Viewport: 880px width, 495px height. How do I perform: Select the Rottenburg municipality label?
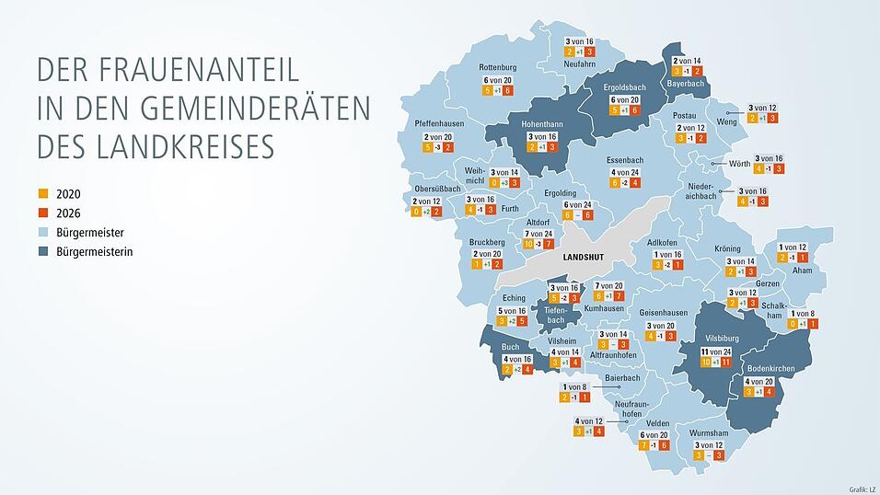[x=498, y=67]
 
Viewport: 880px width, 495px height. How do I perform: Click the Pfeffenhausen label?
[x=439, y=123]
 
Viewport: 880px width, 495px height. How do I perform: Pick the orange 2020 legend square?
[x=41, y=194]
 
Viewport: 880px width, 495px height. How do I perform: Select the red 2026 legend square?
[x=41, y=213]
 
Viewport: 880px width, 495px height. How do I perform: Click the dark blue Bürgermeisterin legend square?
[x=41, y=251]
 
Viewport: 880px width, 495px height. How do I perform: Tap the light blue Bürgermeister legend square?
[x=41, y=232]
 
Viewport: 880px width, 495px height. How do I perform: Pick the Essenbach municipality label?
[x=625, y=159]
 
